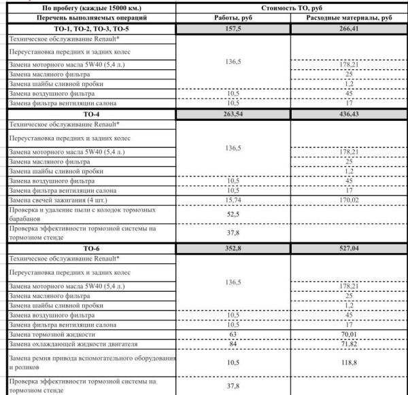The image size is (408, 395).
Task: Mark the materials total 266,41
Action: [349, 29]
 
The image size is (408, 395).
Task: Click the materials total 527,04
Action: [349, 249]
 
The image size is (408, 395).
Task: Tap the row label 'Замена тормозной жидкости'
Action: [51, 335]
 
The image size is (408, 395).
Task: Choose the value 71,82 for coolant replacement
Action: [349, 344]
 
